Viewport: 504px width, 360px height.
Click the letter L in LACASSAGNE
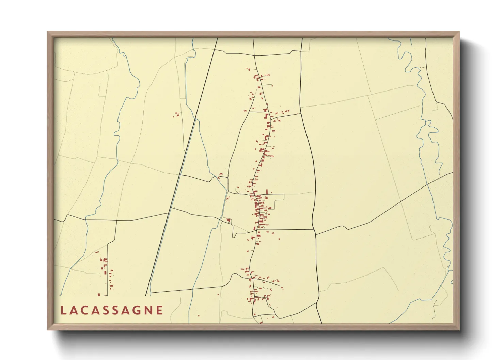tap(63, 310)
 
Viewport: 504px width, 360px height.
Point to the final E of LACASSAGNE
tap(160, 310)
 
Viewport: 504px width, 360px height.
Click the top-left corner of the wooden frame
tap(48, 32)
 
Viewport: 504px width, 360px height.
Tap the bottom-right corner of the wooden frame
tap(459, 329)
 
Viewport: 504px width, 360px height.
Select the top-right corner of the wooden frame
tap(459, 32)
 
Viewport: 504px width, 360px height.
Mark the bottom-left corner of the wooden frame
tap(48, 329)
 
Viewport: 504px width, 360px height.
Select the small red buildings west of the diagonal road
tap(177, 115)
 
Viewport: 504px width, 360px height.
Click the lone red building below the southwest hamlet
tap(99, 295)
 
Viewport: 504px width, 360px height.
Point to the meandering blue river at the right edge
tap(426, 129)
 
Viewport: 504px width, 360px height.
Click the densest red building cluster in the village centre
tap(259, 208)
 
